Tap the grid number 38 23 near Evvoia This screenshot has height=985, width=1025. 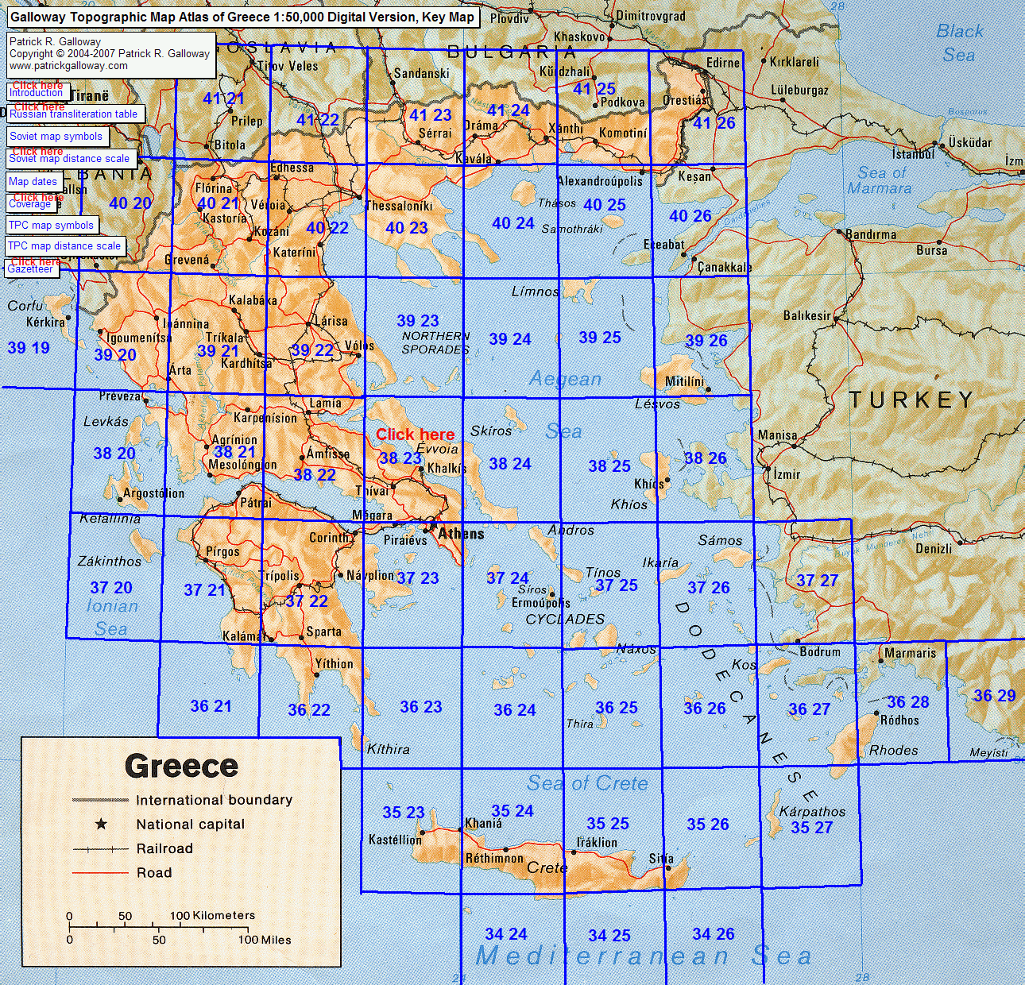click(400, 458)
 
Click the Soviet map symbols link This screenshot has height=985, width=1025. click(56, 137)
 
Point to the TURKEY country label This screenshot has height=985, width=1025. click(911, 400)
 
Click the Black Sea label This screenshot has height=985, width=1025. click(959, 43)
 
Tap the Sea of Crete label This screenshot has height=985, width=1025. click(587, 783)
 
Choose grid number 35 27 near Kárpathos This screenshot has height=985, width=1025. click(811, 828)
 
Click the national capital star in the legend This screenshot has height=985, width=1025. click(101, 824)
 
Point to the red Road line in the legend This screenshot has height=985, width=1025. click(100, 873)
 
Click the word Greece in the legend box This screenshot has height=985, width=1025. click(181, 766)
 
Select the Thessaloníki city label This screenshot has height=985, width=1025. click(398, 206)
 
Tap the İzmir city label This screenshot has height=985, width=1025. click(787, 474)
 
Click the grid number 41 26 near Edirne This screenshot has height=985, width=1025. click(714, 123)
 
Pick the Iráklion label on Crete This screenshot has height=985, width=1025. click(597, 842)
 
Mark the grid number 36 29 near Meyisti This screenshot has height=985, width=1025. click(994, 696)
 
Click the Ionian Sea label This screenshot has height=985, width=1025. click(112, 617)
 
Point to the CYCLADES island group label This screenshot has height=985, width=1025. click(565, 619)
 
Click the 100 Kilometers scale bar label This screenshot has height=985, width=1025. click(212, 915)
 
